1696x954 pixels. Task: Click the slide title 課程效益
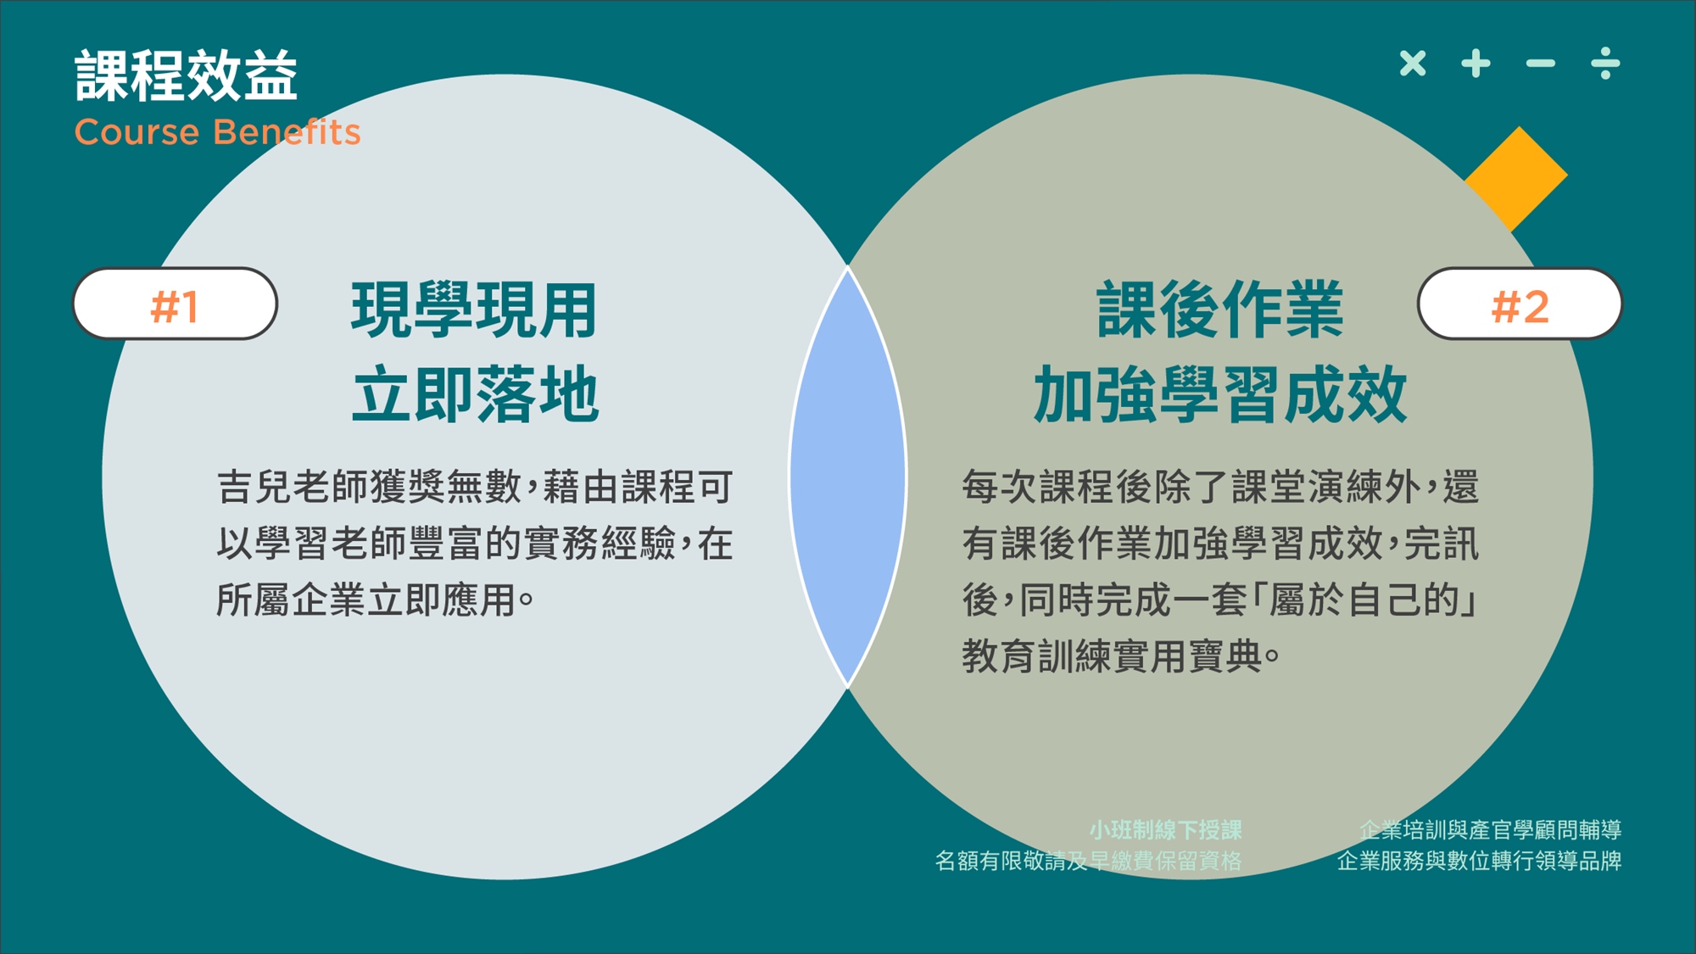click(187, 75)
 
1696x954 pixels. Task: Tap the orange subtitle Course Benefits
click(218, 132)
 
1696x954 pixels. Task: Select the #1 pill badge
click(176, 304)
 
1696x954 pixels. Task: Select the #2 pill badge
click(1520, 304)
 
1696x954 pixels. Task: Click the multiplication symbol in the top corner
click(1413, 63)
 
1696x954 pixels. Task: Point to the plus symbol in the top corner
click(1476, 63)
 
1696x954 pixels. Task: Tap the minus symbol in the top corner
click(1541, 63)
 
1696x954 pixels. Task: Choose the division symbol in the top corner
click(1605, 63)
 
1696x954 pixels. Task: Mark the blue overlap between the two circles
click(848, 477)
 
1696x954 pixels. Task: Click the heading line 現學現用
click(475, 310)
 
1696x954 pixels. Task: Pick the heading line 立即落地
click(475, 394)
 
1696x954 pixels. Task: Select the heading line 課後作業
click(1219, 310)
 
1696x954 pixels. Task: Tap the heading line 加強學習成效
click(1219, 394)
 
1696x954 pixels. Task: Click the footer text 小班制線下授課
click(1165, 829)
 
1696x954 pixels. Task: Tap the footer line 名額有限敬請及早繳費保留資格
click(1088, 861)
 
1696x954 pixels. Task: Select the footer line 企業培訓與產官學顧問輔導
click(1490, 829)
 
